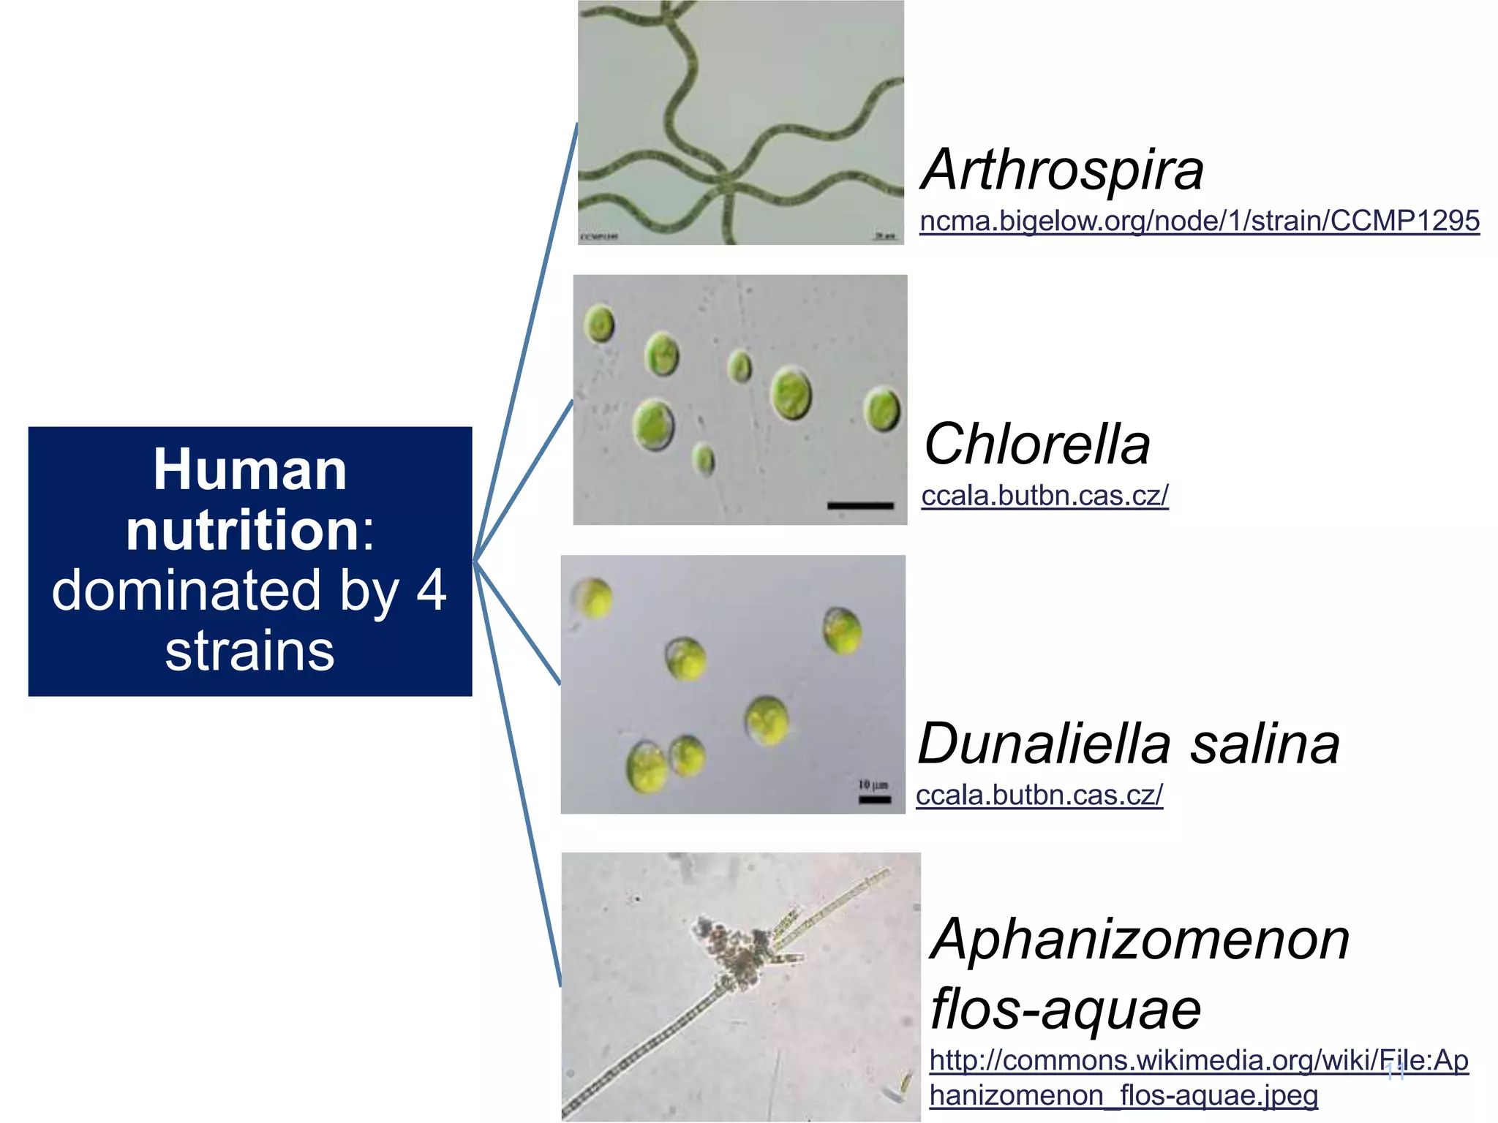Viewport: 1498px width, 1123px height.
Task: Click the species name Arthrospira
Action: pyautogui.click(x=1061, y=170)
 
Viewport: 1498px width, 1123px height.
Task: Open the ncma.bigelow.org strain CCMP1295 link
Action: pyautogui.click(x=1200, y=221)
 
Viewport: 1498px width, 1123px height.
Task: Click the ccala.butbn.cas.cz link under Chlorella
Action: pyautogui.click(x=1045, y=496)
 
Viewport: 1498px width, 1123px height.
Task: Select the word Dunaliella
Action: pyautogui.click(x=1045, y=744)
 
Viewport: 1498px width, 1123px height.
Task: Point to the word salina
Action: pyautogui.click(x=1265, y=744)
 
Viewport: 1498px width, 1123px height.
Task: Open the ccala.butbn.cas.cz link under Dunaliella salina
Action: pyautogui.click(x=1039, y=795)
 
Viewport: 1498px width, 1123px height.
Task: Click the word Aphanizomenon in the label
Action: pyautogui.click(x=1140, y=939)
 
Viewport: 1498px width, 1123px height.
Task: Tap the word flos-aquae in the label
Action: pyautogui.click(x=1066, y=1010)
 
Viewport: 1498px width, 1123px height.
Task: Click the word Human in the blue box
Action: pyautogui.click(x=250, y=469)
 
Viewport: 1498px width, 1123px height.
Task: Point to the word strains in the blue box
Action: pyautogui.click(x=250, y=651)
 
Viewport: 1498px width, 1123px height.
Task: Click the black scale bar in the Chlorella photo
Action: pyautogui.click(x=860, y=505)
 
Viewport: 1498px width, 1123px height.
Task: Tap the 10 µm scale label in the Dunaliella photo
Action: pyautogui.click(x=873, y=785)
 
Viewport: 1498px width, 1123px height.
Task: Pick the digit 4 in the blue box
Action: pyautogui.click(x=432, y=590)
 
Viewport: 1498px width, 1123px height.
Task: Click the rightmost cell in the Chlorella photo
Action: pyautogui.click(x=881, y=409)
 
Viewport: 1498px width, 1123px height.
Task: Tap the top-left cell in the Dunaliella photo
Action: pyautogui.click(x=592, y=598)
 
